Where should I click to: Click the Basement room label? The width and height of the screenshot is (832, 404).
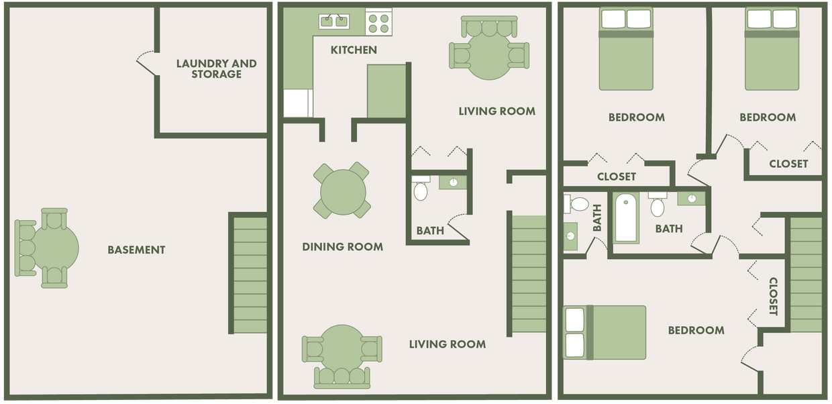click(136, 250)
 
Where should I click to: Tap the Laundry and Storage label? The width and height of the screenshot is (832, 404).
click(216, 68)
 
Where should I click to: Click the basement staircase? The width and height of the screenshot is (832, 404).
click(250, 273)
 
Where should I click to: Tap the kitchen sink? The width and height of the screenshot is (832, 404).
click(333, 21)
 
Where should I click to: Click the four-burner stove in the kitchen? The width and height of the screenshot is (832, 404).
click(378, 22)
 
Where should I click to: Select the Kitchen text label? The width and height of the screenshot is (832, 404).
click(354, 50)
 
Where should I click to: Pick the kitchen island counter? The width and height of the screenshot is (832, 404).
click(386, 91)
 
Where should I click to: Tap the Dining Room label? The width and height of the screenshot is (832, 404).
click(342, 247)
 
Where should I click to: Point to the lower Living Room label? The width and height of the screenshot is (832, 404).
click(448, 344)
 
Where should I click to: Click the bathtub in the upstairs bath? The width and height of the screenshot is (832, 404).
click(626, 217)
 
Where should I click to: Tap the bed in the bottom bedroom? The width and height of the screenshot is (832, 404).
click(605, 332)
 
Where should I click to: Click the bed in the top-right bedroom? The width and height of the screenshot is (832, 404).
click(772, 50)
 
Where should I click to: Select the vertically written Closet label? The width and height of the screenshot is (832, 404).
click(772, 296)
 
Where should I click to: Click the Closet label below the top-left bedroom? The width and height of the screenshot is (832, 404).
click(616, 176)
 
